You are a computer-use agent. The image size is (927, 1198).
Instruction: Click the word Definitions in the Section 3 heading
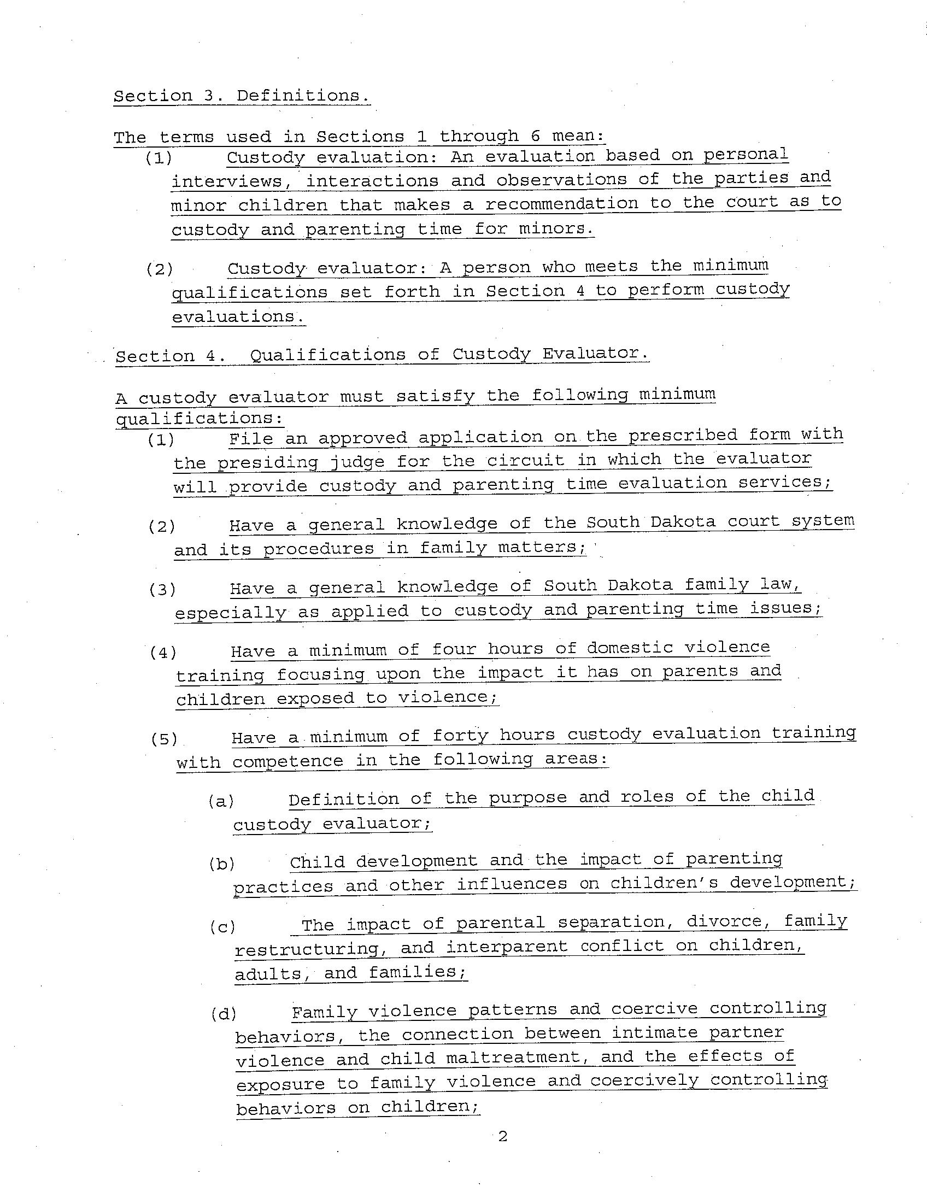303,96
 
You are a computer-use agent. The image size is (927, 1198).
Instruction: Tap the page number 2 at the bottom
502,1136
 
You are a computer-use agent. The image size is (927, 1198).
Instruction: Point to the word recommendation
562,203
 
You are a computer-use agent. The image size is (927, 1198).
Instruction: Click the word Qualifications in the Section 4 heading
327,354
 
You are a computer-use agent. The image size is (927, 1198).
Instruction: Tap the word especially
230,612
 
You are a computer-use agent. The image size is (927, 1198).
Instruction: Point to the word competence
288,761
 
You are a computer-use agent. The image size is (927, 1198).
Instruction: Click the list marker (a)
221,801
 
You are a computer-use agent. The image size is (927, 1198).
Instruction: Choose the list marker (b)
221,864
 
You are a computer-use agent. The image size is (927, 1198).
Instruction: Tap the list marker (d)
223,1014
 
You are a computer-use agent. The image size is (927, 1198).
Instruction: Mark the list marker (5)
164,739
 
